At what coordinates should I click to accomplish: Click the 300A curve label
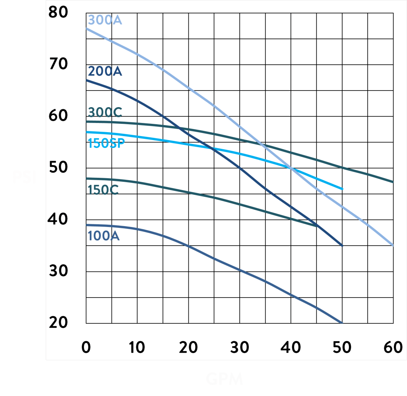tap(105, 20)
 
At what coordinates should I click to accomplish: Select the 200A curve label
tap(105, 72)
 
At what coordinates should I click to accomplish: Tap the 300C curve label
tap(105, 113)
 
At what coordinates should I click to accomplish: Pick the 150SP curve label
tap(106, 143)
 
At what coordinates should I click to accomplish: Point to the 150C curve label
tap(103, 190)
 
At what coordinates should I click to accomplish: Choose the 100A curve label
tap(103, 236)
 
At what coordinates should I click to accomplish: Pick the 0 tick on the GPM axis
tap(86, 348)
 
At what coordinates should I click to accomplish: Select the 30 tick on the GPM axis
tap(240, 348)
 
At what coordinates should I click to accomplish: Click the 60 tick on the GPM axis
tap(393, 348)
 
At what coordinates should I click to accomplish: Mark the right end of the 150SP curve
tap(342, 189)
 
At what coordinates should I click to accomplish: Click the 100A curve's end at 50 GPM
tap(342, 323)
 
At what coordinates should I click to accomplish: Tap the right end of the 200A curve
tap(342, 246)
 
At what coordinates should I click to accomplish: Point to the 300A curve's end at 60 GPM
tap(393, 246)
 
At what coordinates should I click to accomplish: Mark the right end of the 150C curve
tap(317, 226)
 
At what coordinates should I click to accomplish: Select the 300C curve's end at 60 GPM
tap(393, 182)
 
